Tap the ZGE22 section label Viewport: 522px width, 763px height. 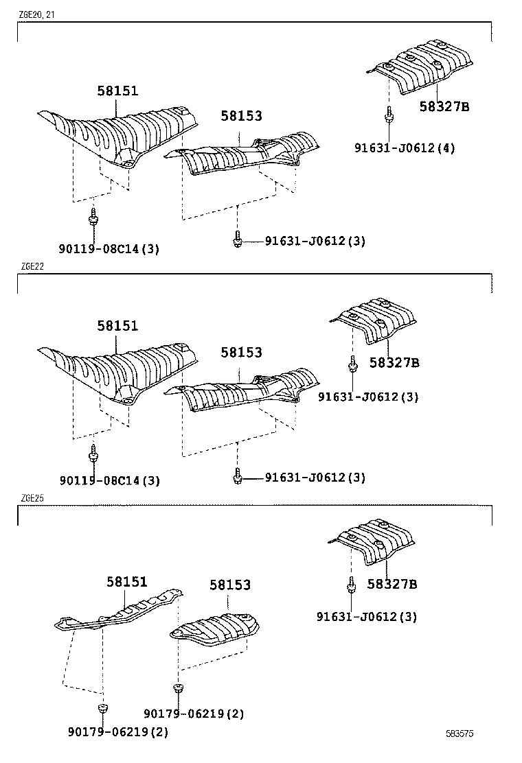click(32, 267)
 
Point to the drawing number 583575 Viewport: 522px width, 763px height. click(459, 733)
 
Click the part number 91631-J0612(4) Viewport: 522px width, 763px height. click(405, 148)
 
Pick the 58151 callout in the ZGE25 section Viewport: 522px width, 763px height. click(126, 582)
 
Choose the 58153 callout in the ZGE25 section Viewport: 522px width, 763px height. click(230, 585)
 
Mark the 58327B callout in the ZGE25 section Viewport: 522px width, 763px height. click(391, 585)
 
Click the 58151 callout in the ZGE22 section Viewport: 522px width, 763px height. click(117, 327)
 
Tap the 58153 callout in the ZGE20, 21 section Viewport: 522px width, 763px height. click(241, 117)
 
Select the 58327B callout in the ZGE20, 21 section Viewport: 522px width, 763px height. click(444, 106)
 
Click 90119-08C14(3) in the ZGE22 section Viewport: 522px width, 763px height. click(109, 481)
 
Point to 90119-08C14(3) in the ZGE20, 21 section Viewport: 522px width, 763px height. click(109, 249)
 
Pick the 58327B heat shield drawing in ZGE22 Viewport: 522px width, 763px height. click(375, 322)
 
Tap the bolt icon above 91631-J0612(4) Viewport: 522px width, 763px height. click(389, 115)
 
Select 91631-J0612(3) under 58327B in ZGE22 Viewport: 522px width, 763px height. click(367, 397)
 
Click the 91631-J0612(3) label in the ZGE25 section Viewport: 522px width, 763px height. click(366, 617)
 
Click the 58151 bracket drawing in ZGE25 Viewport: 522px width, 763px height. click(120, 610)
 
